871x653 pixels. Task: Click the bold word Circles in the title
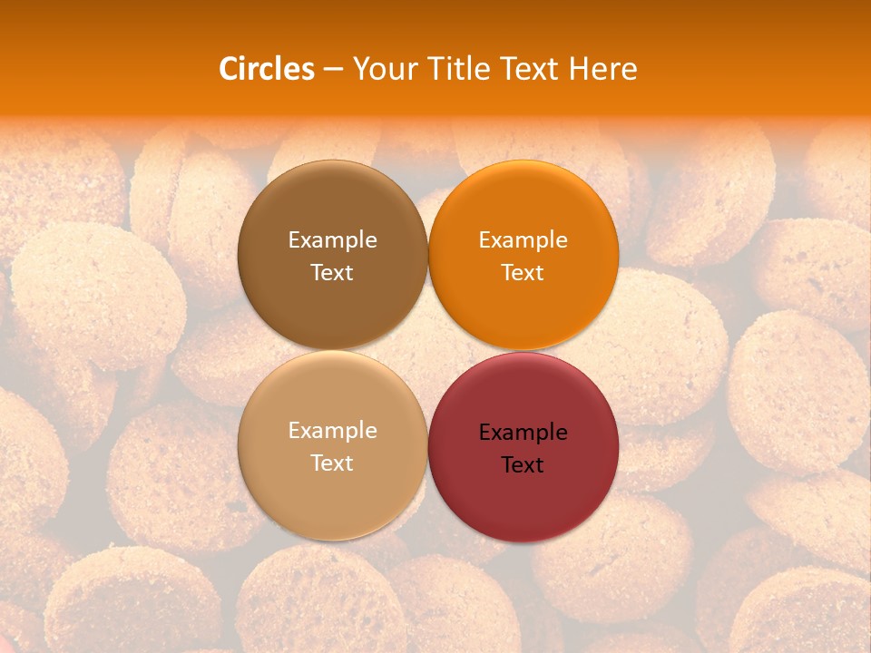266,69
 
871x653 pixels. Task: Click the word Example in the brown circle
332,240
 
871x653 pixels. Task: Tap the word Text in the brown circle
332,273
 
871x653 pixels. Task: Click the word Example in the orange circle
523,240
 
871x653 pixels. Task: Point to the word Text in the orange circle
523,273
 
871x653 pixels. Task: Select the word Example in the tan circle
332,431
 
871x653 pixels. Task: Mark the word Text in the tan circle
332,463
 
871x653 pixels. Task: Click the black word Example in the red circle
523,433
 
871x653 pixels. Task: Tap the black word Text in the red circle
523,465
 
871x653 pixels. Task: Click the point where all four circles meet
427,350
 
